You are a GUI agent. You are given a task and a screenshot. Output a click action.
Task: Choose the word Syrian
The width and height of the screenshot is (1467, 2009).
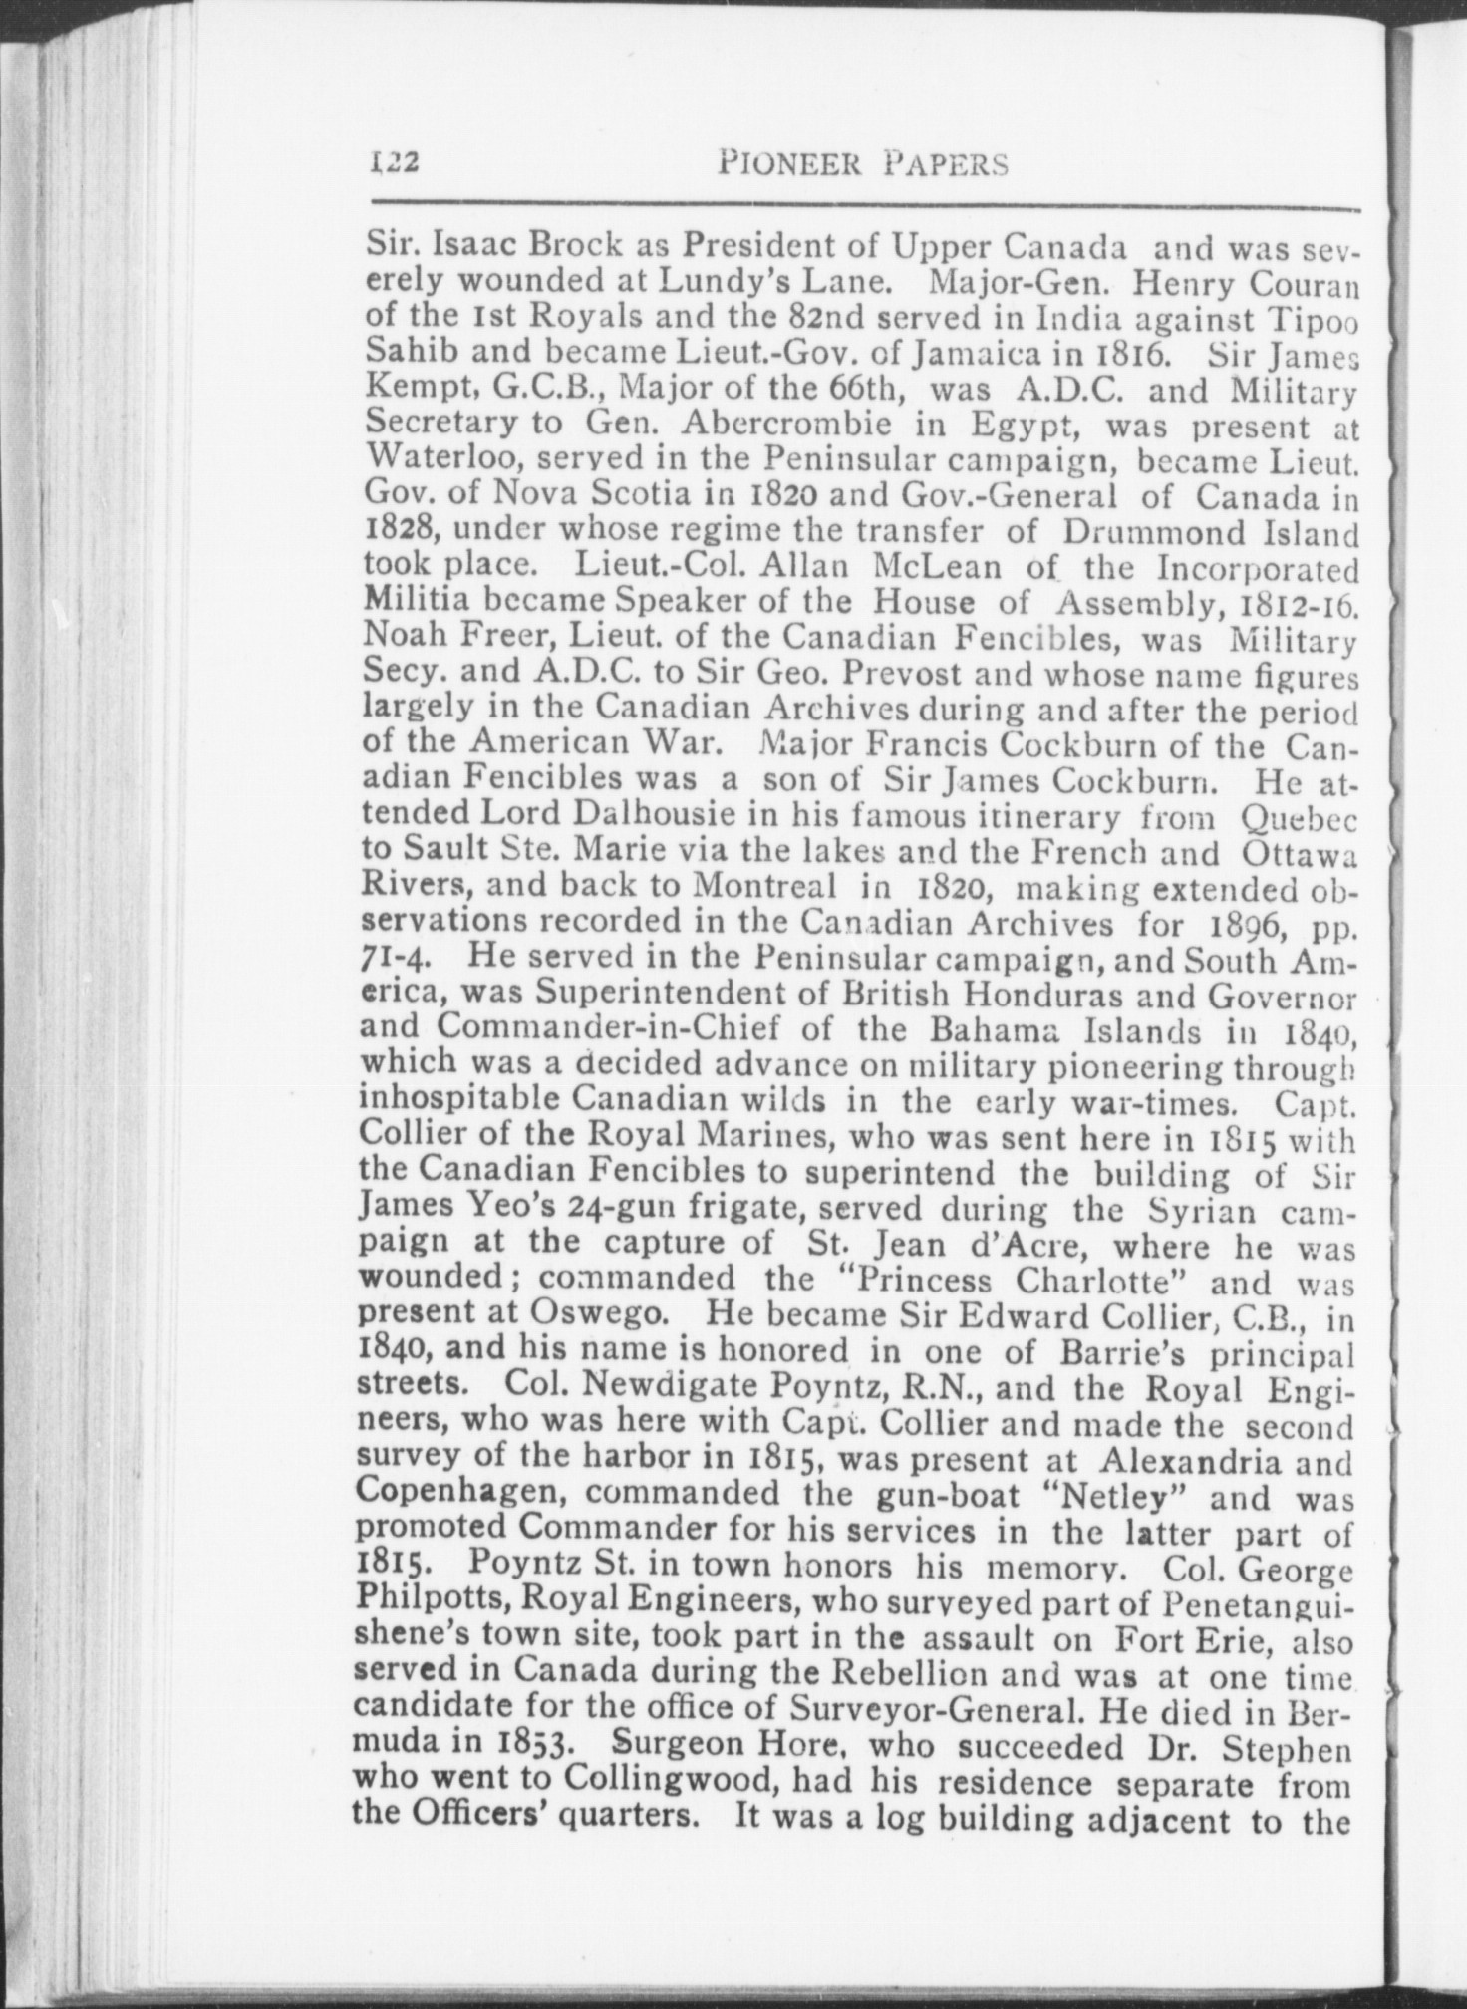click(1206, 1213)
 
